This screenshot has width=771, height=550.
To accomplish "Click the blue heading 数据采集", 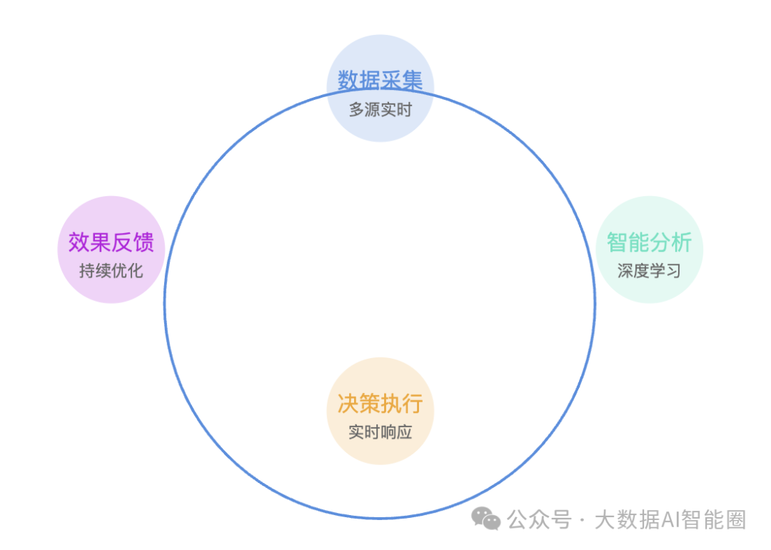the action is tap(380, 80).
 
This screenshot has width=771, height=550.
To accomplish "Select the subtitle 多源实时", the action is tap(380, 110).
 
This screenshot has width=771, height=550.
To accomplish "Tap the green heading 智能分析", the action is tap(649, 243).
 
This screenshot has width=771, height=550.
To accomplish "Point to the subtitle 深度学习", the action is tap(649, 271).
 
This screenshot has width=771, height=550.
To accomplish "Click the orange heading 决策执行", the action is tap(380, 404).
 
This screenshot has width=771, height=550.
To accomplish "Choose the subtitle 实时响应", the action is tap(380, 432).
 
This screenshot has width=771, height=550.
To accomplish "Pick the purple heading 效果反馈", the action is tap(111, 243).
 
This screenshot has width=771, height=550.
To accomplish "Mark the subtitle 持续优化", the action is tap(111, 271).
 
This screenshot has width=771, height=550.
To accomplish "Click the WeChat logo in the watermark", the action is tap(486, 519).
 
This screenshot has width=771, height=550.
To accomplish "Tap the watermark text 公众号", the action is tap(540, 519).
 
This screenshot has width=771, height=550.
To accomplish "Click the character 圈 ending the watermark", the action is tap(735, 519).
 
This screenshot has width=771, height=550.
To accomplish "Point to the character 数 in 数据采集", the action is tap(348, 80).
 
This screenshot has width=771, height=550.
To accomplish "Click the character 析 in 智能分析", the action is tap(682, 243).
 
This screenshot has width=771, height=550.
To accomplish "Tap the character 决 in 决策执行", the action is tap(348, 404).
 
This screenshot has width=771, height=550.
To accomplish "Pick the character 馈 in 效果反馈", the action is tap(143, 243).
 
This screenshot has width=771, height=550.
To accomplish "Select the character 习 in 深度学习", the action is tap(673, 271).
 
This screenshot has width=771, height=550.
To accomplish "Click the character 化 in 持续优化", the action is tap(135, 271).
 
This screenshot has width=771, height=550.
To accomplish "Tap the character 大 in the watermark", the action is tap(605, 519).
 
